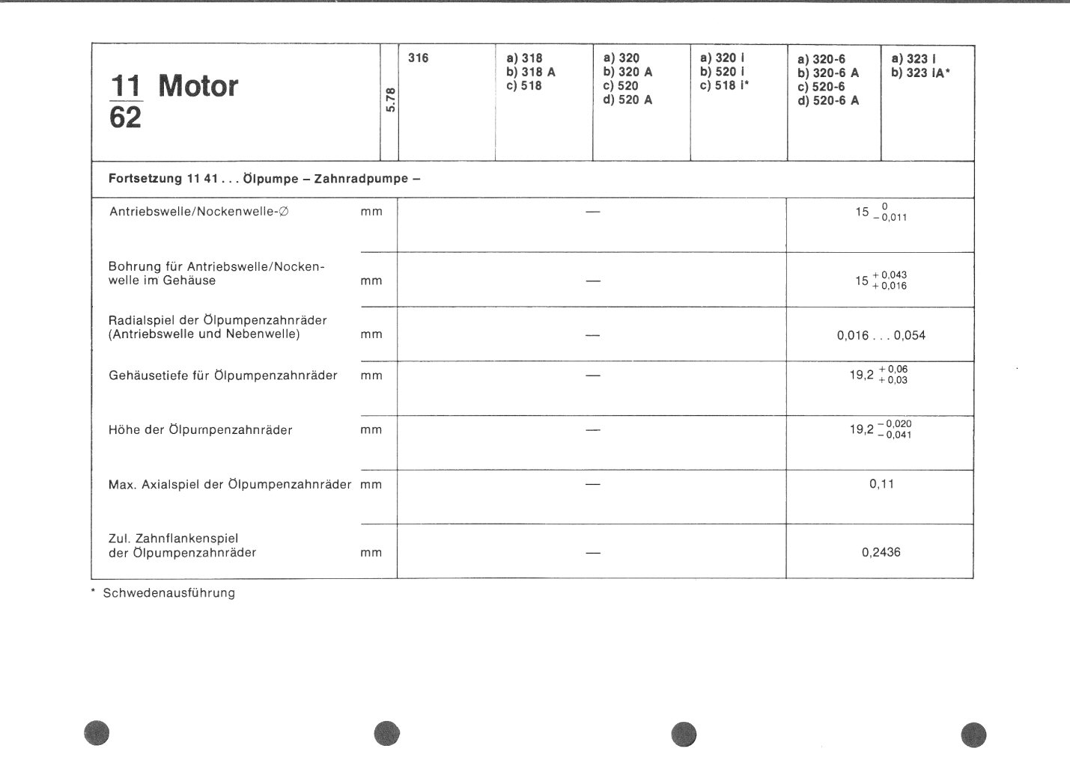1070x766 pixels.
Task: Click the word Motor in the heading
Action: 198,87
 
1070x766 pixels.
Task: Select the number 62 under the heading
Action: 125,117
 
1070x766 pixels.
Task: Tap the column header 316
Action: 419,58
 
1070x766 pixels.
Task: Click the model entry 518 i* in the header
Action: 724,86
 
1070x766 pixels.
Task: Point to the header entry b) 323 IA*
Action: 921,73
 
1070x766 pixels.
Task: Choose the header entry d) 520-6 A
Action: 828,101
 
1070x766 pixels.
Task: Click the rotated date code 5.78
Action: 390,101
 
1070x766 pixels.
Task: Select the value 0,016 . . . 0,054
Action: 881,336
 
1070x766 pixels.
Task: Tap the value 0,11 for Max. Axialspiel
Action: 881,484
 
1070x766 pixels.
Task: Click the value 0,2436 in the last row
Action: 881,553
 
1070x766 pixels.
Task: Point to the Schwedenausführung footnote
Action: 168,593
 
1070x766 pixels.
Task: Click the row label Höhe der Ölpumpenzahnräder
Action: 200,430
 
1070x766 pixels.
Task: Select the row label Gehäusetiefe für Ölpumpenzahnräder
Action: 222,376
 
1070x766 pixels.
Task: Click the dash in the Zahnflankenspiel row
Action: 593,554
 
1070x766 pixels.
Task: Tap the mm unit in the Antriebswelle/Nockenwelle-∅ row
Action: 371,212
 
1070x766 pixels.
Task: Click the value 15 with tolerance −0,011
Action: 880,212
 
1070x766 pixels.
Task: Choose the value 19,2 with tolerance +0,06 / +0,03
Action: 878,375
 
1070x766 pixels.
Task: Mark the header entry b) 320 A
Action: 627,73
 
